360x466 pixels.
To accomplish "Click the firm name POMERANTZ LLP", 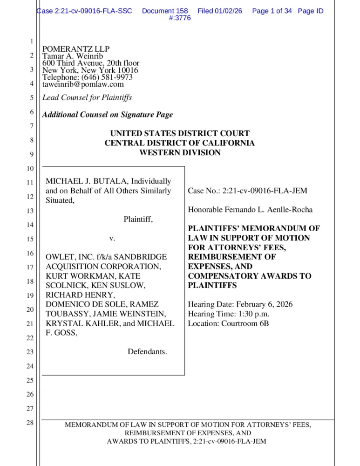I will tap(76, 49).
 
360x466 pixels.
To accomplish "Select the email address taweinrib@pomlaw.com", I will tap(83, 84).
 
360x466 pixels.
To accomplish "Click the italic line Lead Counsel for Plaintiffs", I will tap(87, 97).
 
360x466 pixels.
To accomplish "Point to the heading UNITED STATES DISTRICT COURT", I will tap(180, 133).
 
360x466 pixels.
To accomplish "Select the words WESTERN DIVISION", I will tap(180, 152).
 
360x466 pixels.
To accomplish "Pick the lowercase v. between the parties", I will tap(112, 238).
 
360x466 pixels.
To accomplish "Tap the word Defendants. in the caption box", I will tap(147, 351).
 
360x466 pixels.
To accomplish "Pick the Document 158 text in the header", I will tap(165, 11).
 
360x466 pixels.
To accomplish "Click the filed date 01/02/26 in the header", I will tap(228, 11).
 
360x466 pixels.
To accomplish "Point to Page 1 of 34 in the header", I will tap(272, 11).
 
